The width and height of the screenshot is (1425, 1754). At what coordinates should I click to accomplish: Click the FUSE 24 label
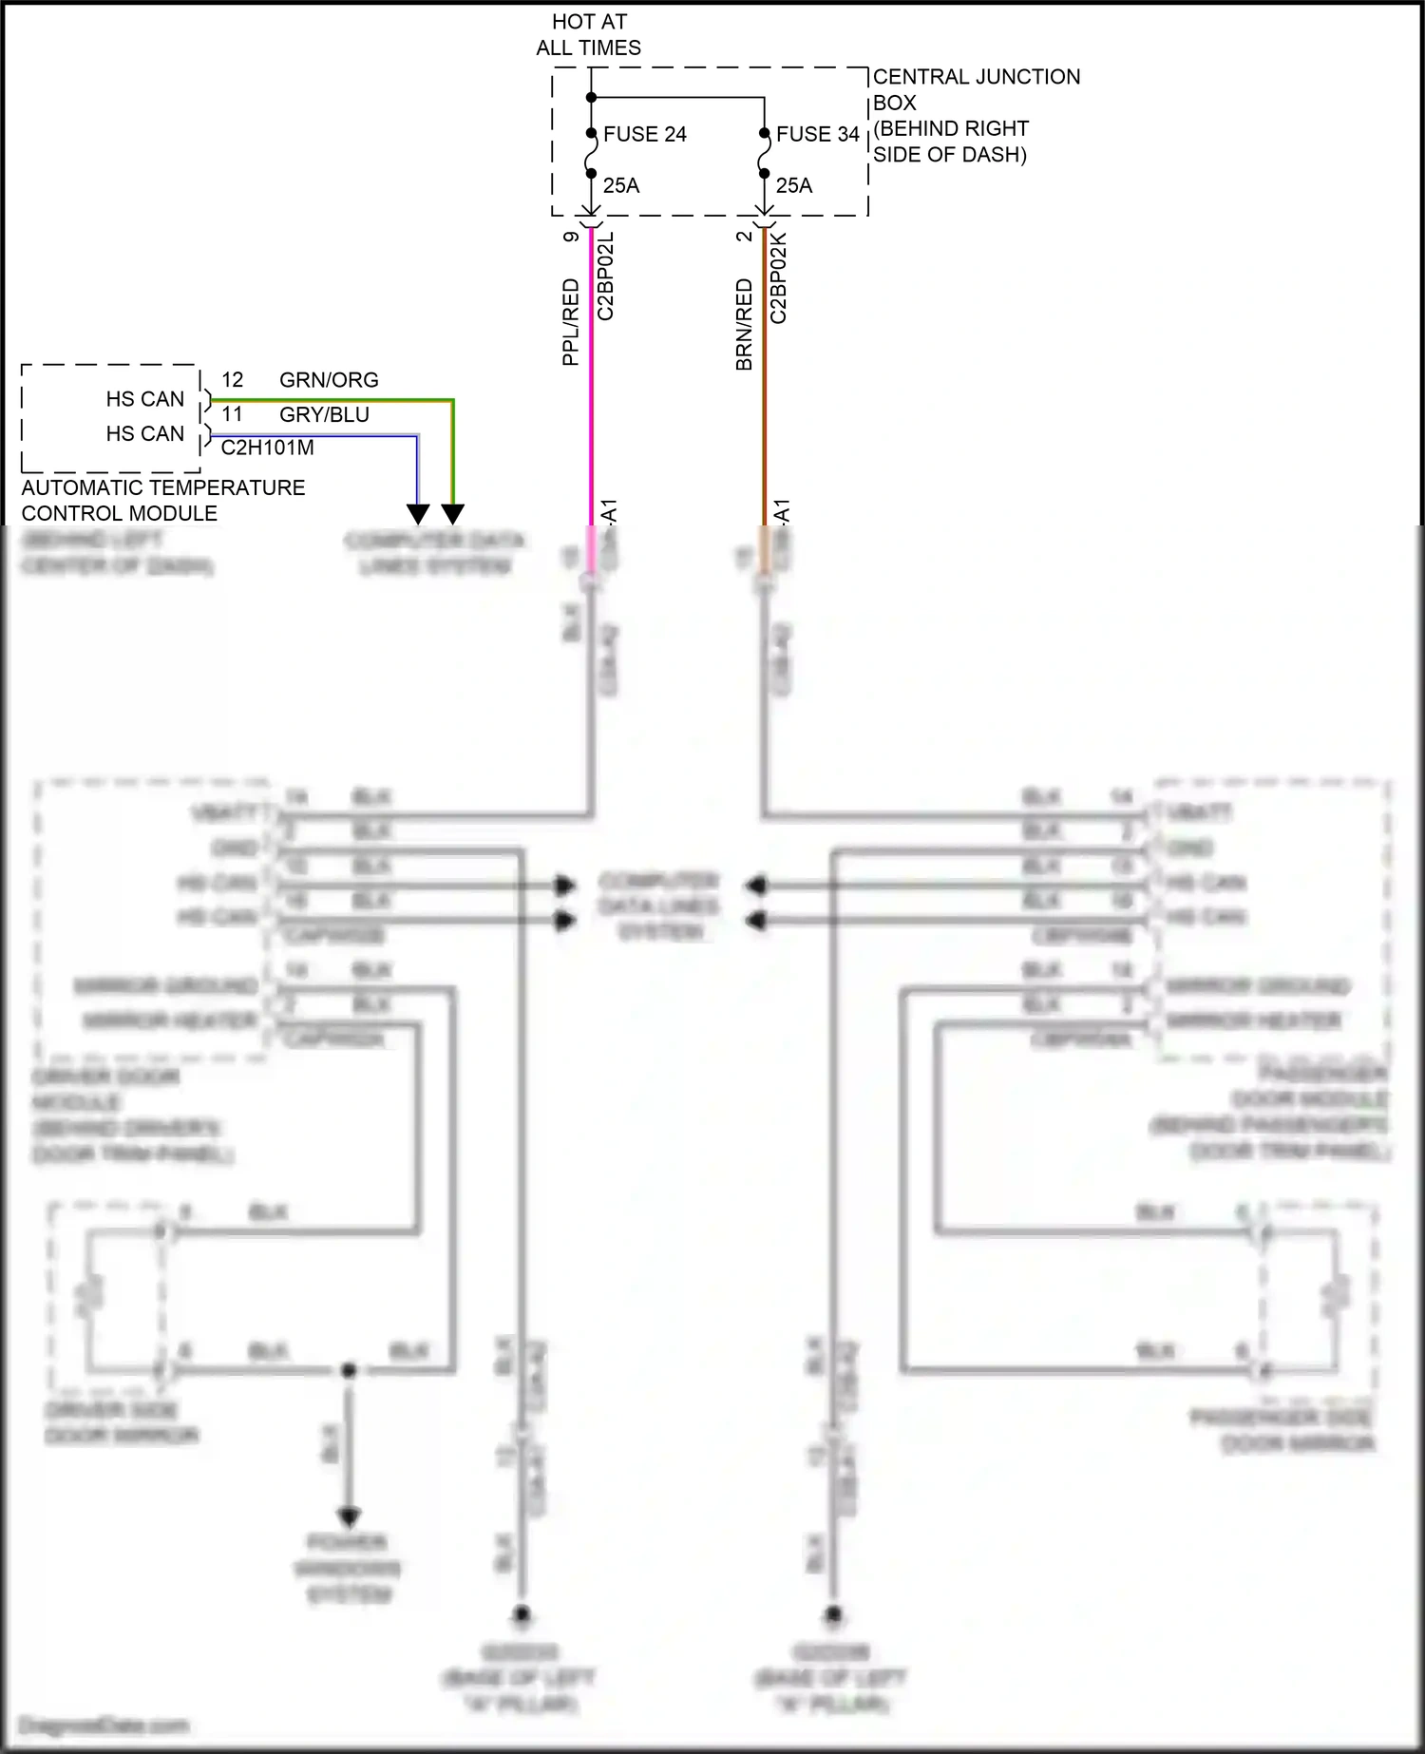click(x=644, y=135)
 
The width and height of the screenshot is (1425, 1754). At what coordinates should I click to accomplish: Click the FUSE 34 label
click(x=817, y=135)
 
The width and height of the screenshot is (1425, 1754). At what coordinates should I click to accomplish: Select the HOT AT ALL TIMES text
click(x=589, y=34)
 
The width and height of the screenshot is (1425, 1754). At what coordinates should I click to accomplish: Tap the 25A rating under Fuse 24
click(x=621, y=186)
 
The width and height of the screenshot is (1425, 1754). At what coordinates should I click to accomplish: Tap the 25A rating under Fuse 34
click(x=794, y=186)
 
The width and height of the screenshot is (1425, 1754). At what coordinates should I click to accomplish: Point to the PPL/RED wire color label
click(x=570, y=321)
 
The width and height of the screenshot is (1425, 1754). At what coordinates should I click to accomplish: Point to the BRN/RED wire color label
click(x=744, y=323)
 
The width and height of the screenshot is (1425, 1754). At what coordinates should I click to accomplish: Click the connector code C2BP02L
click(x=606, y=276)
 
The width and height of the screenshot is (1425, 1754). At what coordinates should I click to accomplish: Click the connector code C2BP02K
click(x=779, y=277)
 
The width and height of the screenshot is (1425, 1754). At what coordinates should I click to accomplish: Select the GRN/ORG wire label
click(x=329, y=380)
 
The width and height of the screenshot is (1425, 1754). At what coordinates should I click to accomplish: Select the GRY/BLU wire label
click(x=324, y=415)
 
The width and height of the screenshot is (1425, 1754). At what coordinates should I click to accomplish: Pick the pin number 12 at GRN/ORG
click(x=233, y=380)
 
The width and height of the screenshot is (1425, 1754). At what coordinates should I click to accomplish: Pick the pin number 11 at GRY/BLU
click(x=233, y=414)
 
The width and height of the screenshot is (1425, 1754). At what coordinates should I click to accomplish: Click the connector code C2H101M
click(x=267, y=448)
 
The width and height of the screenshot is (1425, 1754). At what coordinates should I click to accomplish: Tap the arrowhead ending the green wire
click(x=453, y=514)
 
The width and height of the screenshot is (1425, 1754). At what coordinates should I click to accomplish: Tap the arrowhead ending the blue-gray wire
click(x=418, y=514)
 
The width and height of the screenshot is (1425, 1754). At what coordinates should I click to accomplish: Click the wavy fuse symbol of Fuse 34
click(x=764, y=154)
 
